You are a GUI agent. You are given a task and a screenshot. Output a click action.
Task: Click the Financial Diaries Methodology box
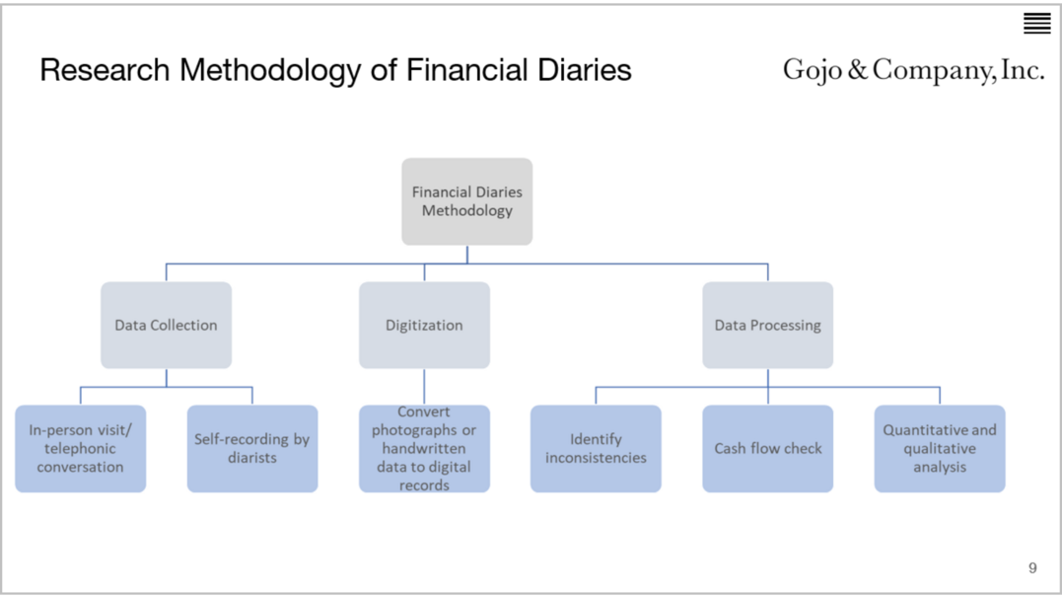(x=466, y=201)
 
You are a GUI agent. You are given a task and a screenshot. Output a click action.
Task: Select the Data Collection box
(x=166, y=325)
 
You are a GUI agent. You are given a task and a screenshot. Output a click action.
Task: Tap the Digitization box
(x=424, y=325)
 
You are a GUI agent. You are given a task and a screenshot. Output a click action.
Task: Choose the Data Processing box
(x=767, y=325)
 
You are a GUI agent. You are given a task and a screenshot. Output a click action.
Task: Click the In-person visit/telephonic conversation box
(x=80, y=448)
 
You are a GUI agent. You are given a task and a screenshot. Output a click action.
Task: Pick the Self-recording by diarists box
(x=251, y=448)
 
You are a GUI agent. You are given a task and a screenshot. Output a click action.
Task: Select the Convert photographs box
(x=424, y=448)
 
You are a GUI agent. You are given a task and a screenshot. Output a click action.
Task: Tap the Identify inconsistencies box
(x=596, y=448)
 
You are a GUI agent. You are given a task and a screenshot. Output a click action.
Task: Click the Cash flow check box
(x=767, y=448)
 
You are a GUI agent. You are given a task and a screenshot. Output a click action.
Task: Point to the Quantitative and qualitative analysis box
(x=939, y=448)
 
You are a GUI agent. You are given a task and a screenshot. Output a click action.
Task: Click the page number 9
(x=1032, y=567)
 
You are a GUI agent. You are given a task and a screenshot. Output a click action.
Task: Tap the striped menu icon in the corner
(x=1036, y=23)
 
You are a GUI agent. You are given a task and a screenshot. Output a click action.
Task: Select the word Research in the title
(x=105, y=71)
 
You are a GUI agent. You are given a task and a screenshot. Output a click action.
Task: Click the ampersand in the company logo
(x=858, y=71)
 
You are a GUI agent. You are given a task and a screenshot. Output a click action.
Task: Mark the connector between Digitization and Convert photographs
(x=424, y=387)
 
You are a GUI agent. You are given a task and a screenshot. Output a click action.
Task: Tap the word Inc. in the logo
(x=1023, y=71)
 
